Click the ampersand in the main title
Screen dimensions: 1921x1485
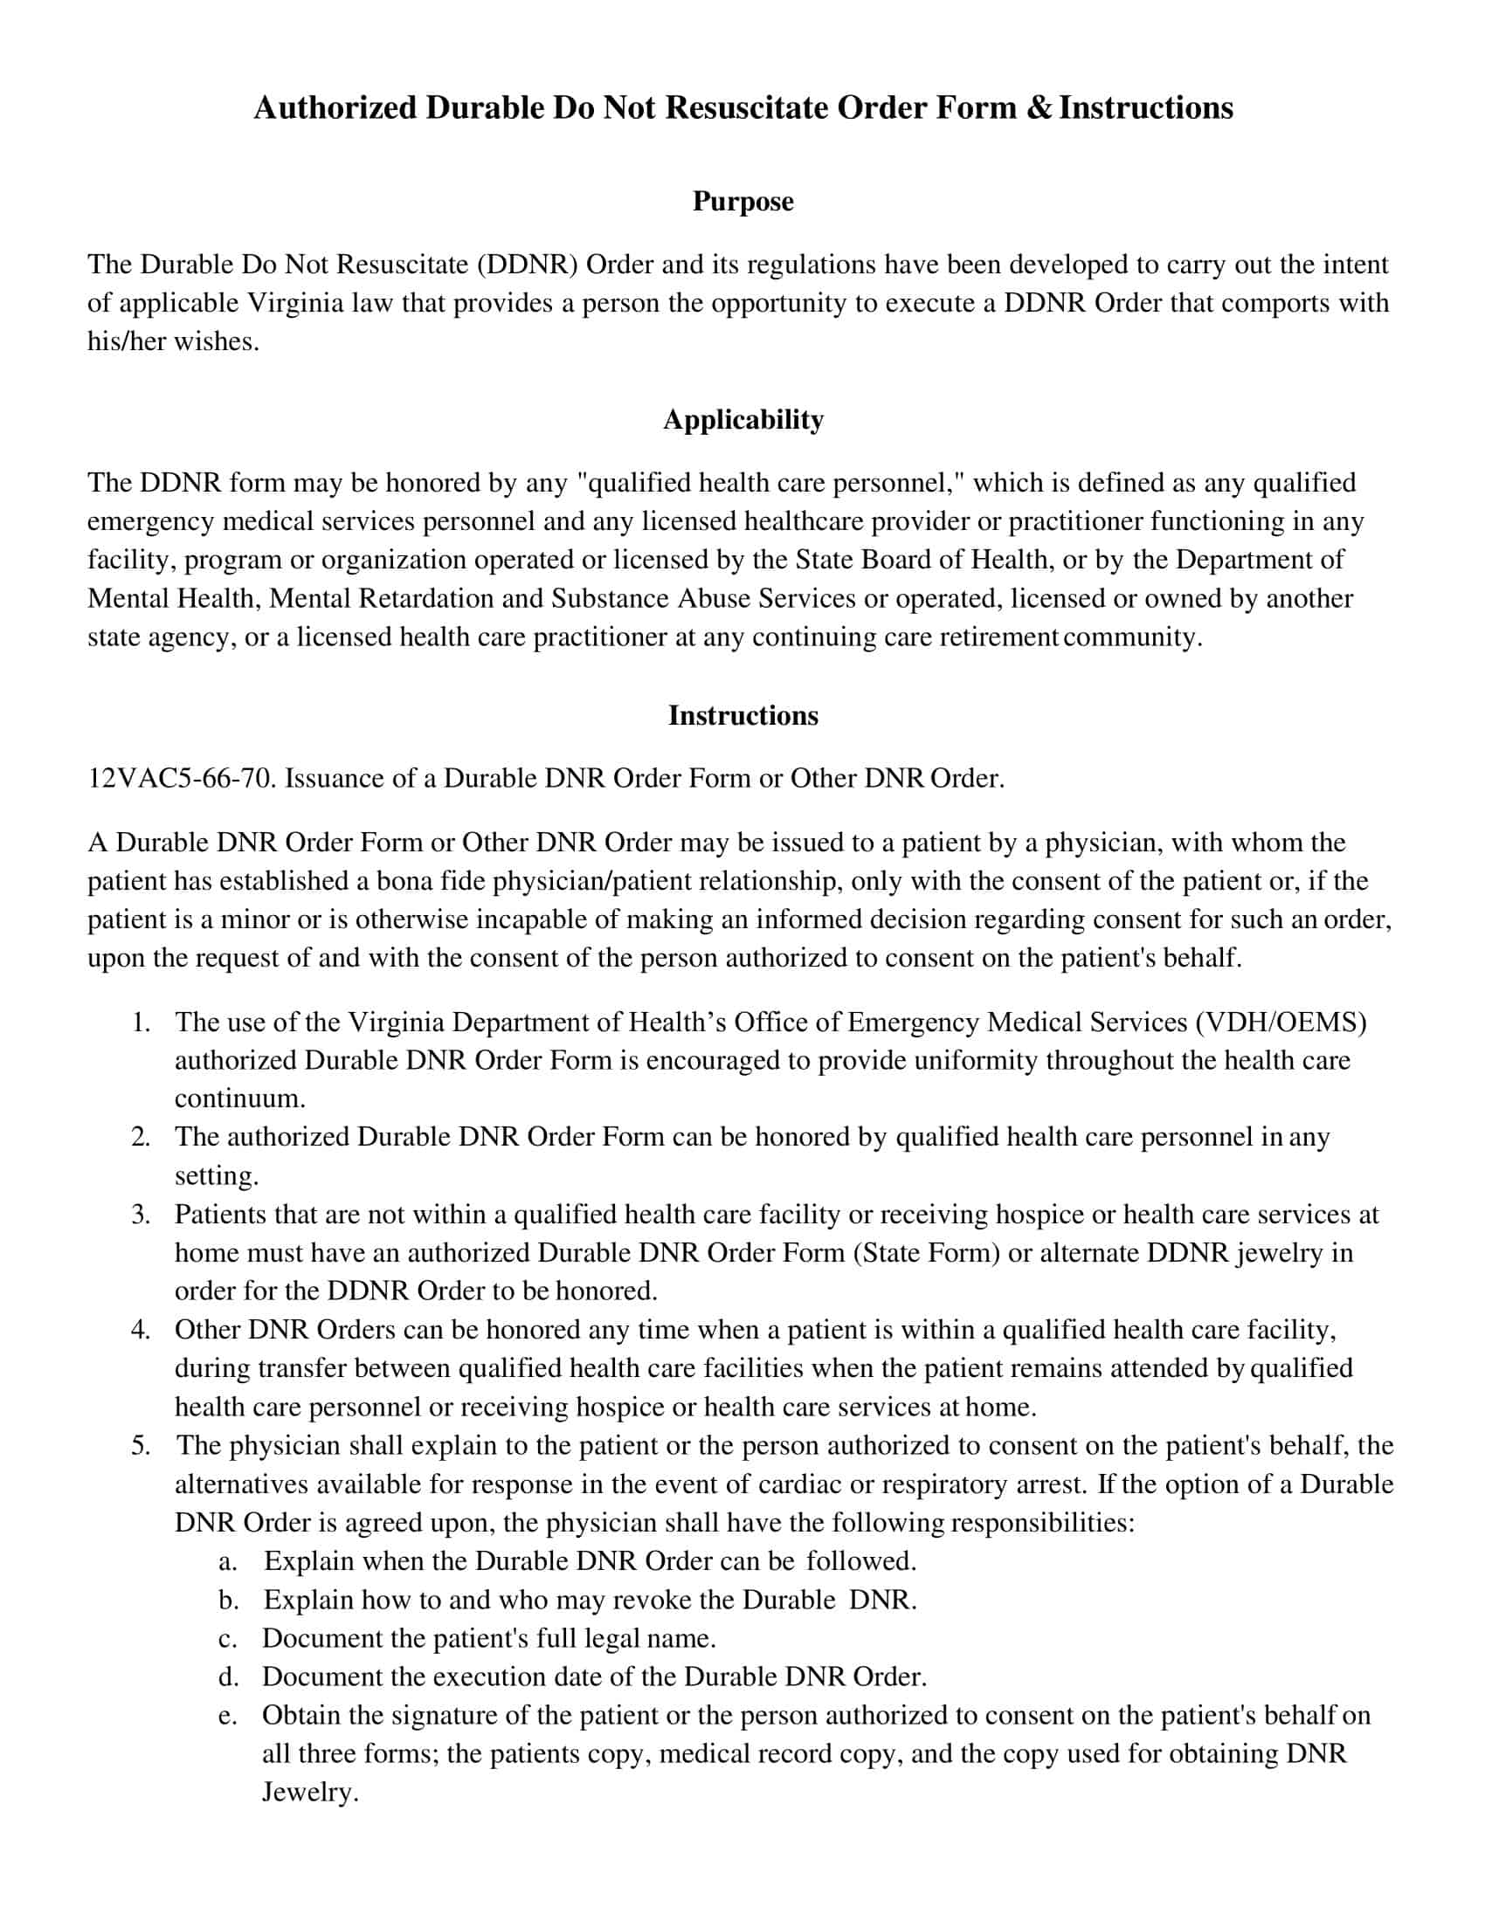click(1039, 108)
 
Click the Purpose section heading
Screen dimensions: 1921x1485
click(742, 202)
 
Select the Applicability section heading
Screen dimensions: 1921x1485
click(742, 419)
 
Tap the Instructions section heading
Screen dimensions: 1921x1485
click(742, 715)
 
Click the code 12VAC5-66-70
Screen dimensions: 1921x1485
click(181, 778)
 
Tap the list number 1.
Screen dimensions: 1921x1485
click(141, 1022)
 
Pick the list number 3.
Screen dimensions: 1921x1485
click(141, 1215)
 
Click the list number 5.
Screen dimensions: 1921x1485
click(141, 1446)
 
